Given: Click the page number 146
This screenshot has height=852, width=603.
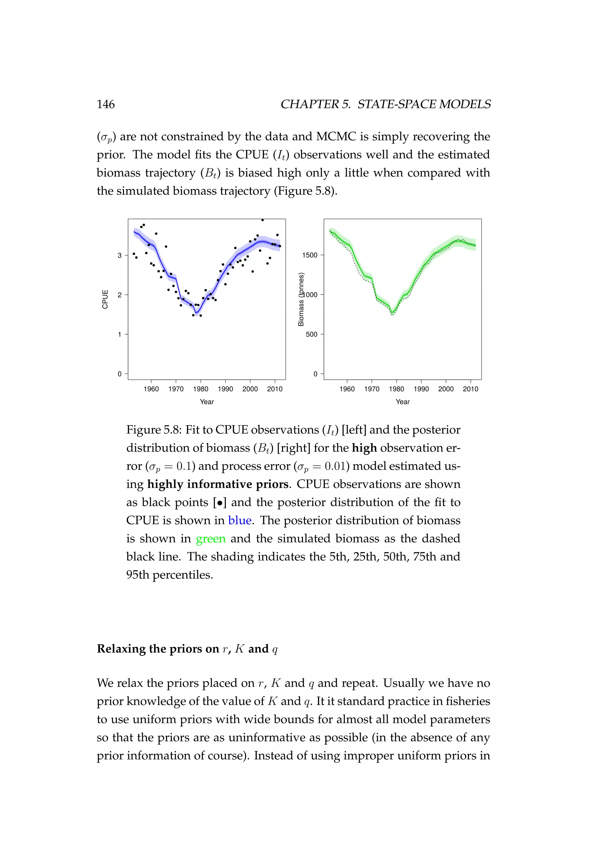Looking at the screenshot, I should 106,104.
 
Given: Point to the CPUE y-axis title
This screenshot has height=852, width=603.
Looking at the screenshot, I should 105,299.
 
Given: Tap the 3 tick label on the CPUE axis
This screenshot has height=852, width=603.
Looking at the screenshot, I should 120,255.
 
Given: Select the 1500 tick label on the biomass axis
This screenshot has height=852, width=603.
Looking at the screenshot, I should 310,255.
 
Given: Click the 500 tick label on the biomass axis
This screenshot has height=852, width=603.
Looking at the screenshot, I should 312,334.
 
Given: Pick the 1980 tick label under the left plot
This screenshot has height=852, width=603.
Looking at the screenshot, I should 201,389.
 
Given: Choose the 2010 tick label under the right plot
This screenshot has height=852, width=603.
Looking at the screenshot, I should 471,389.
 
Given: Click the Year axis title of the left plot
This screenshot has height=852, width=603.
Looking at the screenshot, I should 207,402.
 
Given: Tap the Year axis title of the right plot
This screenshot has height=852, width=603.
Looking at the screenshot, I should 402,402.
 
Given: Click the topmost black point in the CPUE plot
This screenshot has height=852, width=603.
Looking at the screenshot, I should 263,220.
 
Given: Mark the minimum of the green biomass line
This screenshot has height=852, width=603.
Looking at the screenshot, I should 392,313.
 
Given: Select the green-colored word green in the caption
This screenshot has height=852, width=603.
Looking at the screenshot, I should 211,538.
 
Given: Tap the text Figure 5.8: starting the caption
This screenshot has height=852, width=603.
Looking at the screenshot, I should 154,430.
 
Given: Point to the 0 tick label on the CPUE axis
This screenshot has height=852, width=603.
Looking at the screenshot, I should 120,374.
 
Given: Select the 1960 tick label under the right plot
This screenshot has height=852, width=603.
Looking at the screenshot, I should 347,389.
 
